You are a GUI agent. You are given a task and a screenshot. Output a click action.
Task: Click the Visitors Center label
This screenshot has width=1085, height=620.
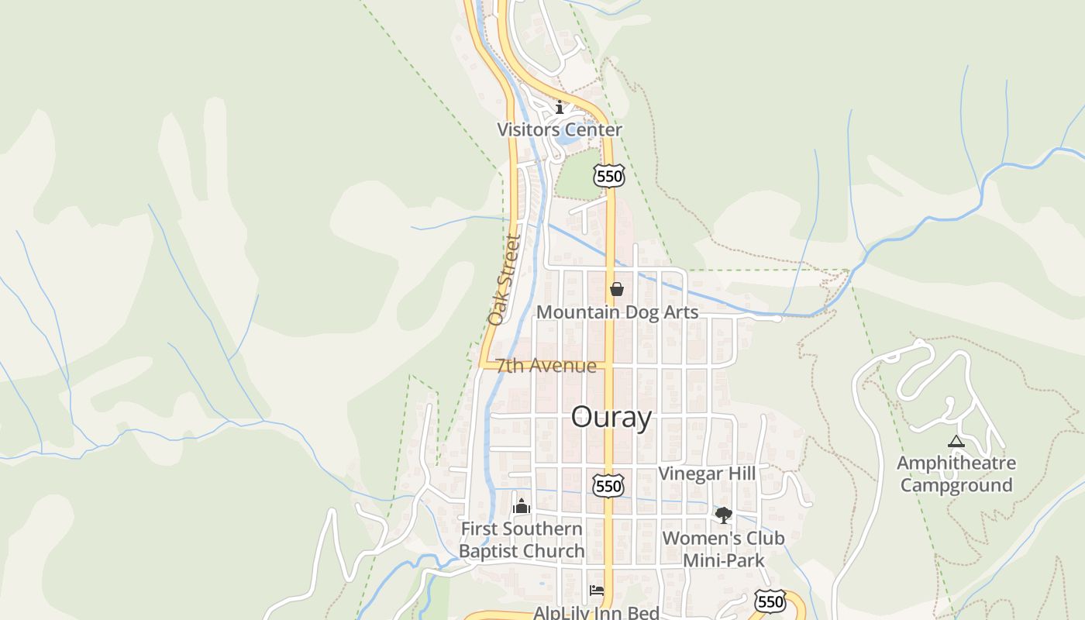coord(559,129)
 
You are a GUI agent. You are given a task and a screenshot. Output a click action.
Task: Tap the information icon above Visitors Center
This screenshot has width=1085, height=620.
coord(560,107)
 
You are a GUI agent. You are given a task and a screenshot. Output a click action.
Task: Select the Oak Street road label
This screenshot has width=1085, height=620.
coord(503,281)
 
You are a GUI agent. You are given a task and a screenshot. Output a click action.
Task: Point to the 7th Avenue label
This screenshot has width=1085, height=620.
coord(546,366)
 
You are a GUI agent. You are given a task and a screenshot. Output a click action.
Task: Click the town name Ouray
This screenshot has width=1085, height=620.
coord(611,417)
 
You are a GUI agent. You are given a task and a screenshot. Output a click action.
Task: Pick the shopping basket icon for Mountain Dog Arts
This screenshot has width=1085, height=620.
coord(617,289)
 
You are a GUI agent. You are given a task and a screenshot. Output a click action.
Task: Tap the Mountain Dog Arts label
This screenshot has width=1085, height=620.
coord(617,312)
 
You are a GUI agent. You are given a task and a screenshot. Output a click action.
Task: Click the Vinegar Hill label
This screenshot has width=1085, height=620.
coord(706,474)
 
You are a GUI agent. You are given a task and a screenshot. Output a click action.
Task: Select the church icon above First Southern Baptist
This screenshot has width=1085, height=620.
coord(522,507)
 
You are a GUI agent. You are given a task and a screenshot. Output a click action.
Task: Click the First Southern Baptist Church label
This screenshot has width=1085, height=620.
coord(522,539)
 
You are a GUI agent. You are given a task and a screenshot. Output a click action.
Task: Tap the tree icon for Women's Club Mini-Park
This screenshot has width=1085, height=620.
coord(723,515)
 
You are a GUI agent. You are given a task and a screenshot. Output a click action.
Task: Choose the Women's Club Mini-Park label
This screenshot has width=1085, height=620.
coord(723,549)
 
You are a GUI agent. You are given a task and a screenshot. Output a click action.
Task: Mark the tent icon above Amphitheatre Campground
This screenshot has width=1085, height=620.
coord(956,442)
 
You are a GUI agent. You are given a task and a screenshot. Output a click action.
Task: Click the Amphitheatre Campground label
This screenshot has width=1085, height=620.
coord(956,474)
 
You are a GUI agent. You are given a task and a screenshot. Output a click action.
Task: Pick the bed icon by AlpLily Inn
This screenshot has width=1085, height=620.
coord(596,591)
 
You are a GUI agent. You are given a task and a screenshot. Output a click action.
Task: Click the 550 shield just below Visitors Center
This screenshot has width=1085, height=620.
coord(609,177)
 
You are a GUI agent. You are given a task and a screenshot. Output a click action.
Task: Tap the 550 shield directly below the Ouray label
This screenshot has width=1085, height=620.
coord(608,486)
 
